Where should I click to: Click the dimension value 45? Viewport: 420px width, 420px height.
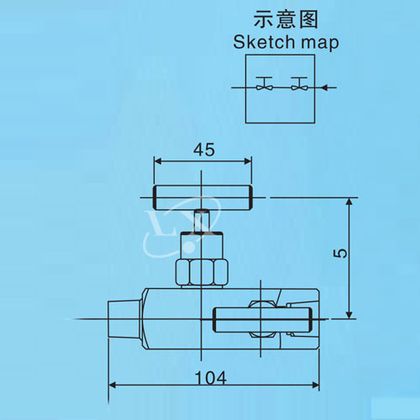pyautogui.click(x=204, y=150)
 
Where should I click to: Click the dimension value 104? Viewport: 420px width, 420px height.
pyautogui.click(x=211, y=378)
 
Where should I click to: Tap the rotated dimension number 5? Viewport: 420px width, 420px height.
pyautogui.click(x=340, y=254)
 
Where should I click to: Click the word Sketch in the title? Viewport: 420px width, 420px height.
pyautogui.click(x=264, y=42)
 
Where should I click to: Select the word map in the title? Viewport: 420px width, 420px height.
pyautogui.click(x=319, y=44)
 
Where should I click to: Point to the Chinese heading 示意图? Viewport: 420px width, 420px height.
pyautogui.click(x=286, y=19)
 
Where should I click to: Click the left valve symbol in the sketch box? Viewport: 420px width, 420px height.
pyautogui.click(x=264, y=83)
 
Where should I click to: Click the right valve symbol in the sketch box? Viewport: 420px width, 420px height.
pyautogui.click(x=299, y=83)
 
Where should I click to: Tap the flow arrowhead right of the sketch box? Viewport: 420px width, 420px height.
pyautogui.click(x=324, y=87)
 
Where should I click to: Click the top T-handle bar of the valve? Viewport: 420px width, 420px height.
pyautogui.click(x=202, y=197)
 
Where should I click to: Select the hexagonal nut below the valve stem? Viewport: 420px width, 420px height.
pyautogui.click(x=202, y=273)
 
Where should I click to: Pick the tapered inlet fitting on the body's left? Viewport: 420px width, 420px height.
pyautogui.click(x=125, y=319)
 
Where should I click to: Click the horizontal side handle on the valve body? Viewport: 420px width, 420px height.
pyautogui.click(x=262, y=319)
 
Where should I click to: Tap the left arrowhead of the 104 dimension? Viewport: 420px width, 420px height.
pyautogui.click(x=112, y=386)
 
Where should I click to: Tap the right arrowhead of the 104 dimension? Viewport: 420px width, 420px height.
pyautogui.click(x=316, y=386)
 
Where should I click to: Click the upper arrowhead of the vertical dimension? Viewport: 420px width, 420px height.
pyautogui.click(x=349, y=202)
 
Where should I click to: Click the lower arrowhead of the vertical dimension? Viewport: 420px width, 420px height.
pyautogui.click(x=349, y=315)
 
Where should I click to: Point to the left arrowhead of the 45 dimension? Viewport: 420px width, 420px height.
pyautogui.click(x=158, y=161)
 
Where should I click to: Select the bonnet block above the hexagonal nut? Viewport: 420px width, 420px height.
pyautogui.click(x=202, y=245)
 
